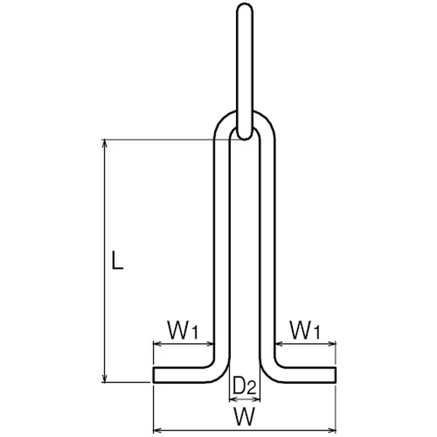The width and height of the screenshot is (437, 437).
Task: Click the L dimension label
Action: pos(117,260)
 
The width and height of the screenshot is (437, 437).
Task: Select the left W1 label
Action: pos(183,330)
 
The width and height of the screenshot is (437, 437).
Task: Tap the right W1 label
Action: pos(305,330)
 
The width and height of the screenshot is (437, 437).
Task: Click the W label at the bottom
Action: pos(245,416)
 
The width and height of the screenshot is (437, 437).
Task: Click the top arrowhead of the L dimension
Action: pos(104,143)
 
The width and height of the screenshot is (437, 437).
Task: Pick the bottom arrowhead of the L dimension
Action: pos(104,378)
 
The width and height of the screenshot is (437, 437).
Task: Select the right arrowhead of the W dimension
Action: pos(331,430)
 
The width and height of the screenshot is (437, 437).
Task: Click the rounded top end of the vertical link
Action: pos(245,5)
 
